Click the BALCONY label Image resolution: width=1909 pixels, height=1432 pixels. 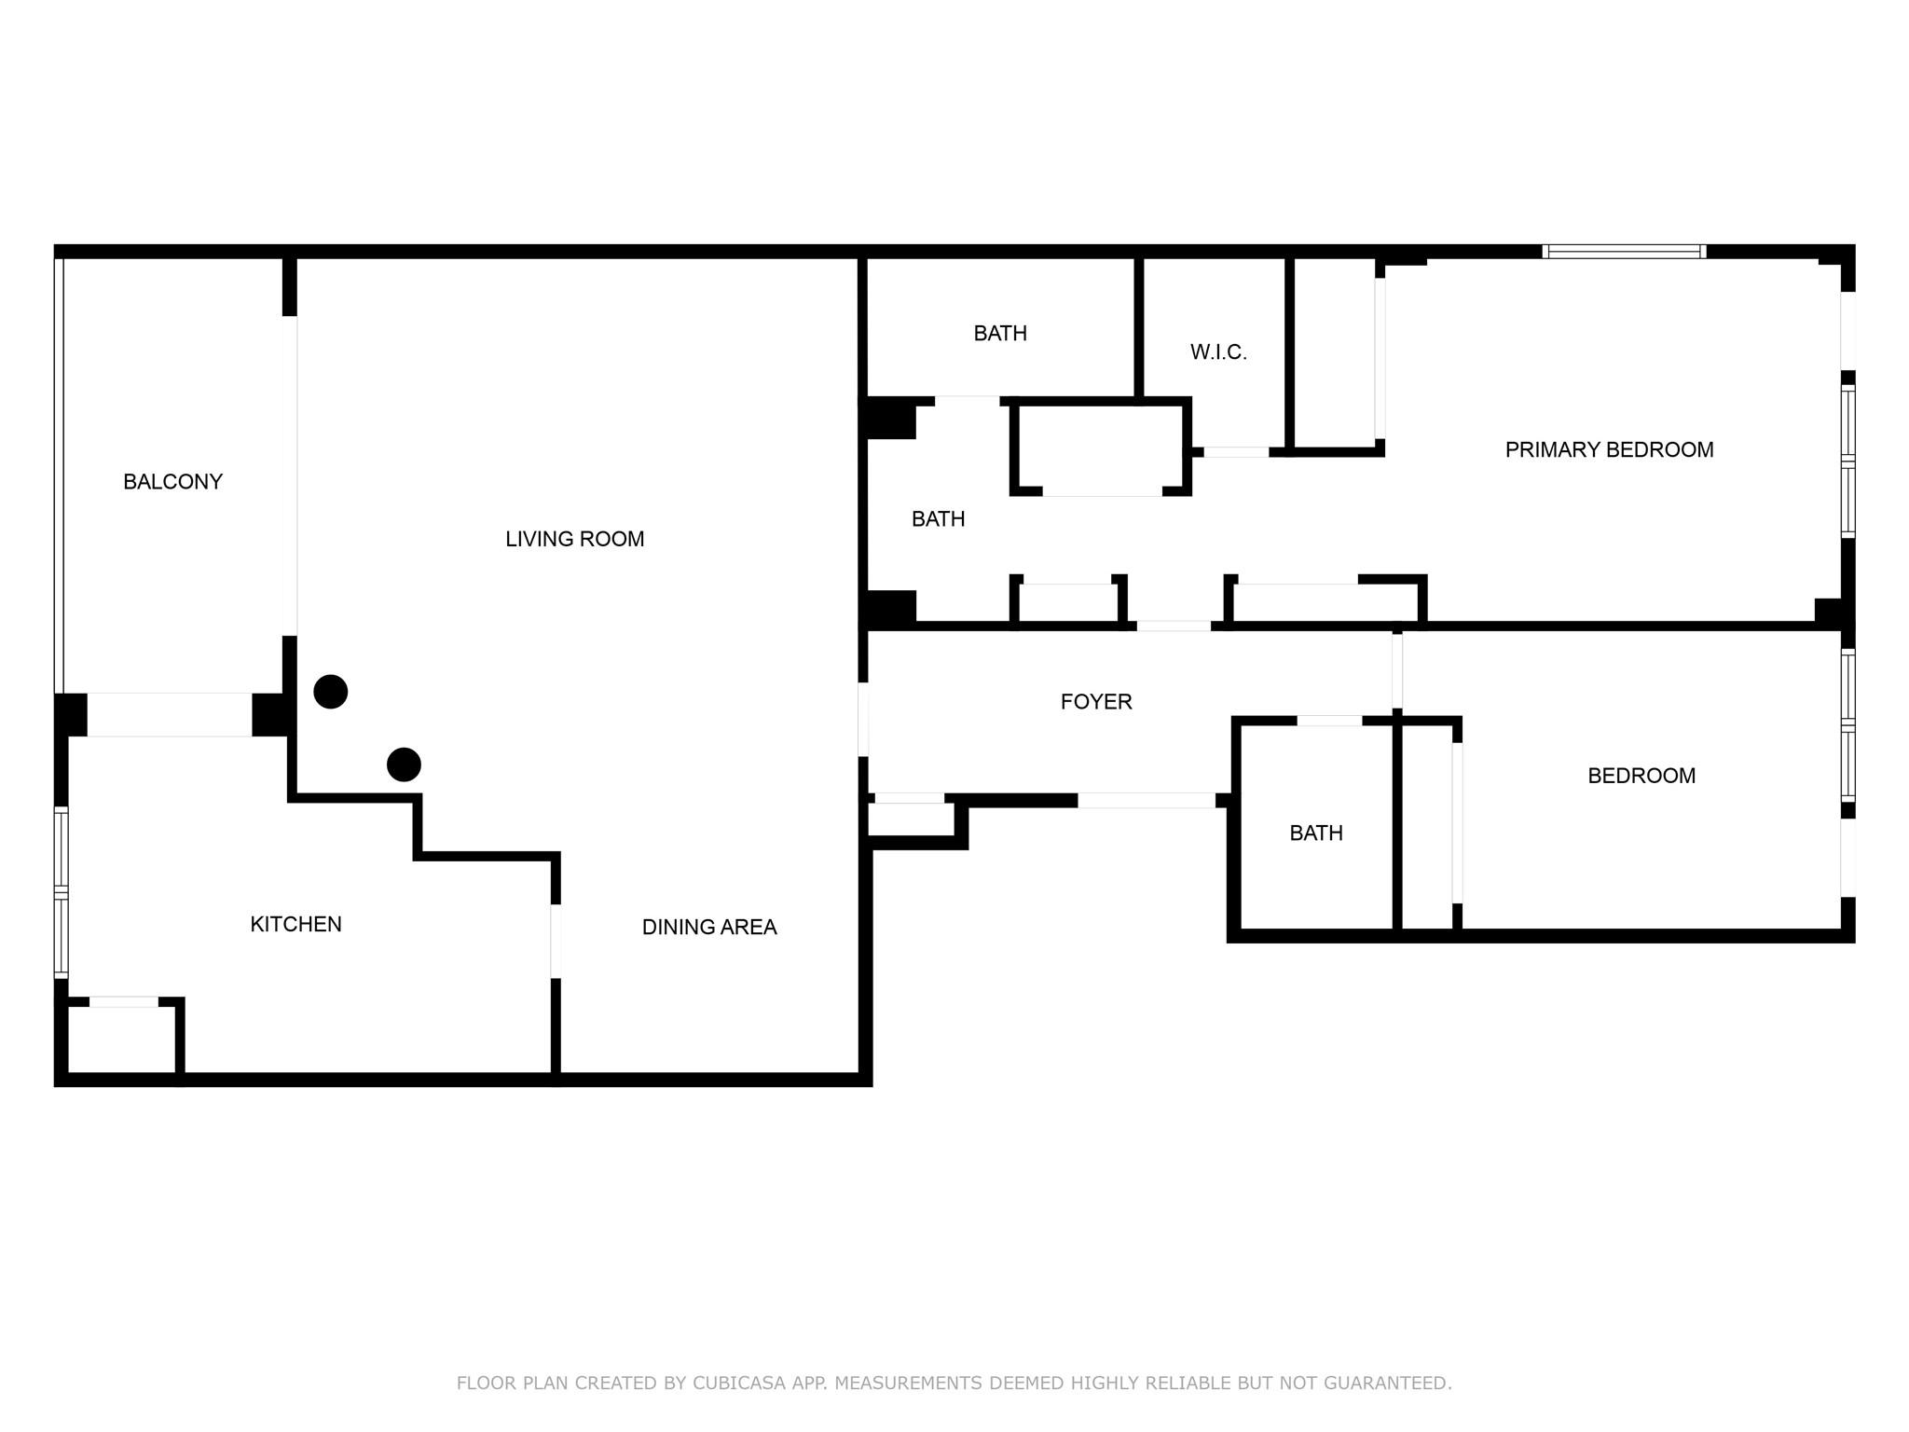point(172,482)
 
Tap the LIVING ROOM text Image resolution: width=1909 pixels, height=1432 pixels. point(574,539)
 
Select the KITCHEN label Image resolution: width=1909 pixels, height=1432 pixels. point(295,924)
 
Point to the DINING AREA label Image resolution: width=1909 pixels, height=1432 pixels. point(708,927)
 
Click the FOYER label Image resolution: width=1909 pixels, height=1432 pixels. point(1095,702)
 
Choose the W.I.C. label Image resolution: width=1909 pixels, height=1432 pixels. point(1217,352)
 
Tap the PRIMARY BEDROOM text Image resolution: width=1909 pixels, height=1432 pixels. point(1608,450)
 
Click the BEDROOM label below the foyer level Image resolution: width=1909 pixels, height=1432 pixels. point(1641,776)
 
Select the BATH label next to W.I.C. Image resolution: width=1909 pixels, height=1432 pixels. point(999,334)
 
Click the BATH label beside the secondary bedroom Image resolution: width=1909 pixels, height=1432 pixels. point(1315,833)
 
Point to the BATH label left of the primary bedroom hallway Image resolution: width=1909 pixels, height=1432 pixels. point(938,519)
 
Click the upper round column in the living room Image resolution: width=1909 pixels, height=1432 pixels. point(331,692)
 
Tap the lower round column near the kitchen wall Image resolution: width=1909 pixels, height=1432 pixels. point(404,764)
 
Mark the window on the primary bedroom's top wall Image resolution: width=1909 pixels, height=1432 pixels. point(1624,252)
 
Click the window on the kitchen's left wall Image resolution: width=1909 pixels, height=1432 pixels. point(61,892)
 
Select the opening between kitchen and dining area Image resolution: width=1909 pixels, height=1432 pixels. point(556,941)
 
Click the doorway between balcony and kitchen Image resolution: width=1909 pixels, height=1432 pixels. point(169,715)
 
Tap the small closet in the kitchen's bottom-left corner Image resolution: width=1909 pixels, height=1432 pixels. point(122,1039)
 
